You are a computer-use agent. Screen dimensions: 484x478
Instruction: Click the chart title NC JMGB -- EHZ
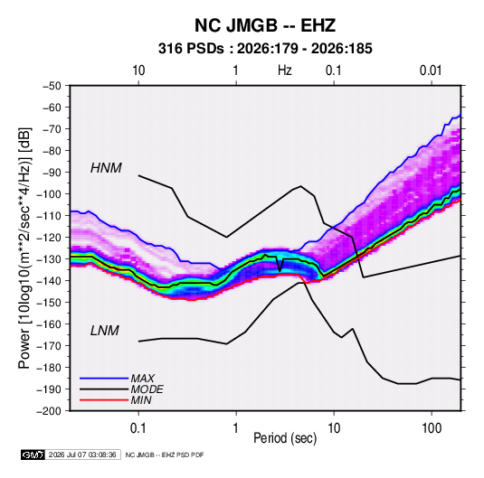pos(265,25)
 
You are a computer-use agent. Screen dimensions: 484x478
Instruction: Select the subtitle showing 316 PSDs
pos(265,49)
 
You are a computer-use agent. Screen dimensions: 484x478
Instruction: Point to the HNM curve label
pos(106,168)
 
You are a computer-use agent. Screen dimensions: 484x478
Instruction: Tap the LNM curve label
pos(105,331)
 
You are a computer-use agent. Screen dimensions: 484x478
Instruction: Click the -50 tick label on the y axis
pos(52,86)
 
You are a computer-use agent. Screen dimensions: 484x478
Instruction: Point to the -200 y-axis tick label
pos(49,411)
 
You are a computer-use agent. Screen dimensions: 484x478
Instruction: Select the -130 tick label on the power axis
pos(49,259)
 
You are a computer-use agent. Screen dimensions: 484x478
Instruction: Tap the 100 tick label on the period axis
pos(432,427)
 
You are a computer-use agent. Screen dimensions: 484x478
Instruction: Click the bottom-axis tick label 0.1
pos(138,427)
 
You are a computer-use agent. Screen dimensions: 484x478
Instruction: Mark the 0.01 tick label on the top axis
pos(431,70)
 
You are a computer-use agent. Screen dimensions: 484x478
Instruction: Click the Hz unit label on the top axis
pos(285,70)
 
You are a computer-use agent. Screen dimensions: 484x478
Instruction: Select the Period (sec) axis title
pos(285,438)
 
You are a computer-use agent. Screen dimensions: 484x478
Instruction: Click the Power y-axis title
pos(24,248)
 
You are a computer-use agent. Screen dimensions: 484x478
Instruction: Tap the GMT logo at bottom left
pos(33,455)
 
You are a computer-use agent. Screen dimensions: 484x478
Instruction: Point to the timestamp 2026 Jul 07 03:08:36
pos(82,455)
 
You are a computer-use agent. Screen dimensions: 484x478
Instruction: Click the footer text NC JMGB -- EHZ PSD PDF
pos(165,455)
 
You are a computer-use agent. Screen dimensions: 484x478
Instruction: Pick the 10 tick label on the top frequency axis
pos(138,70)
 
